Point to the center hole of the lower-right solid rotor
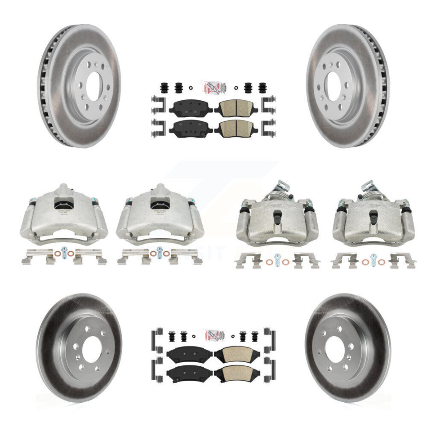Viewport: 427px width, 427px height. point(334,347)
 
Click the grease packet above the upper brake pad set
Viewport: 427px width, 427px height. point(213,86)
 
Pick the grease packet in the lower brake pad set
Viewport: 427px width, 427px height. point(213,336)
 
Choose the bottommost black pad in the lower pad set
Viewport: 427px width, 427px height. point(189,373)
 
